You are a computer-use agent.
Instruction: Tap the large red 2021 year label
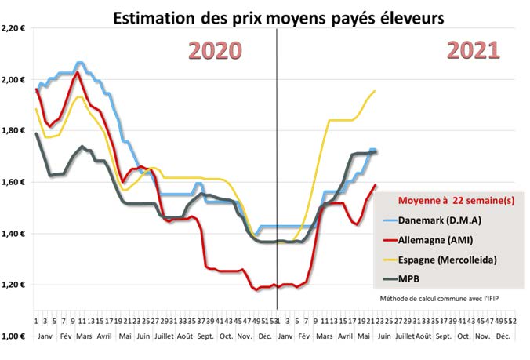click(x=473, y=50)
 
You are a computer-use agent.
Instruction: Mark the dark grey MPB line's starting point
click(x=36, y=133)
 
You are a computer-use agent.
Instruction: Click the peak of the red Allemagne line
click(x=77, y=73)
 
